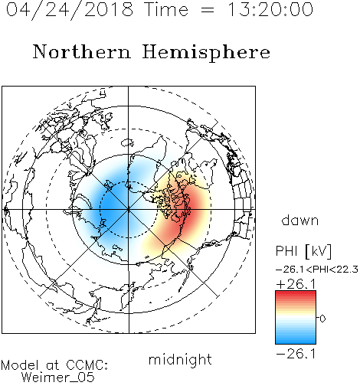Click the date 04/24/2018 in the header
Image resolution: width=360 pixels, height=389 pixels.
pos(70,9)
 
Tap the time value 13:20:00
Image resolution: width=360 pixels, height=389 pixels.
pos(270,9)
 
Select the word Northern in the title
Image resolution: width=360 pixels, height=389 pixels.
pos(82,52)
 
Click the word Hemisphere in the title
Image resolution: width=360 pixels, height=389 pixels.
pos(206,53)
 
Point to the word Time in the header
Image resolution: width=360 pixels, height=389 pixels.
pos(166,9)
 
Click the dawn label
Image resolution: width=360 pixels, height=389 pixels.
pos(300,221)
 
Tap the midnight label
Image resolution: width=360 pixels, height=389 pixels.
pos(180,360)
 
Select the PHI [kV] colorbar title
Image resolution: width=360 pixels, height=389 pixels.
pos(303,251)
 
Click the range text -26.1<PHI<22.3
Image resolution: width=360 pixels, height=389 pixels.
pos(317,270)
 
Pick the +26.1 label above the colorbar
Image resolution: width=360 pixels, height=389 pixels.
pos(296,284)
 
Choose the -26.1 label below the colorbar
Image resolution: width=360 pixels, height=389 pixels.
pos(296,354)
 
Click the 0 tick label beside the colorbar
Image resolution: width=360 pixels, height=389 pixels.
pos(322,319)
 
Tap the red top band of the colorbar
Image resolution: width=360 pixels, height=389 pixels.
pos(296,294)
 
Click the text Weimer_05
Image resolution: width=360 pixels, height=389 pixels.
pos(58,378)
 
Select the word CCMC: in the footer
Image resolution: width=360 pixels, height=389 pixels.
pos(87,365)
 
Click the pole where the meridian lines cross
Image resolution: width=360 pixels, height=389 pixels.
pos(129,210)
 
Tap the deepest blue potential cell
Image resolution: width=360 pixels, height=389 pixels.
pos(109,201)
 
